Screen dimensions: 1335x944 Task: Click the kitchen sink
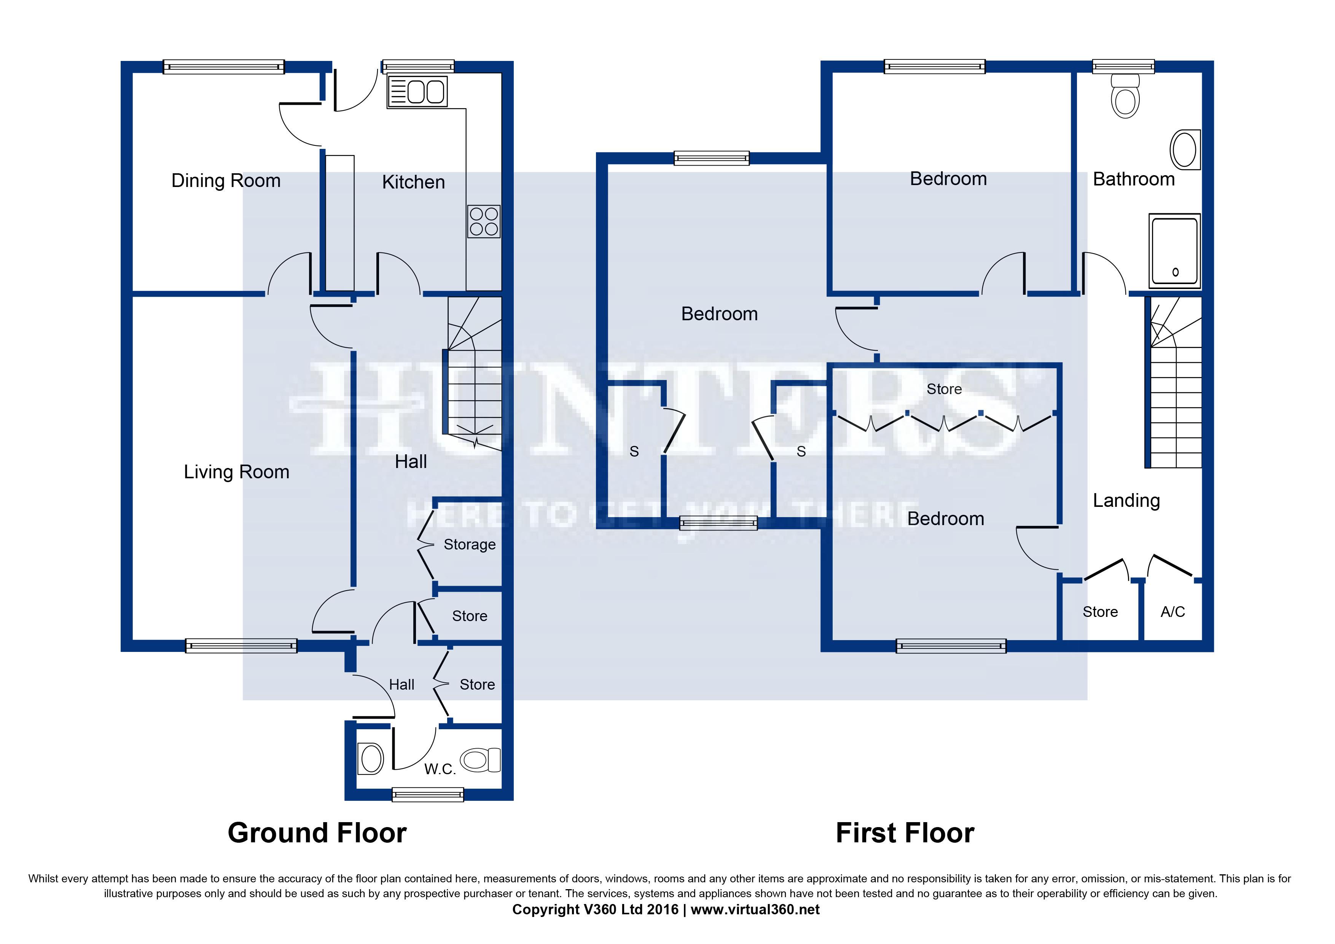click(x=417, y=91)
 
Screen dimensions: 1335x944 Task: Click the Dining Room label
click(x=226, y=181)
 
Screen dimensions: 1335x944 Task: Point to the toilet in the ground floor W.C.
click(x=480, y=760)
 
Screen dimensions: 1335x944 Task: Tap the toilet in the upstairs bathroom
click(x=1125, y=96)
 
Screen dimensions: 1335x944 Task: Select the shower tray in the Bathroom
click(x=1174, y=251)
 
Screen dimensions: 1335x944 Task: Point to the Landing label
click(x=1126, y=501)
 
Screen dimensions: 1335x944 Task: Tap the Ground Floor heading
click(x=317, y=833)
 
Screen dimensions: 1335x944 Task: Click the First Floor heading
click(x=905, y=833)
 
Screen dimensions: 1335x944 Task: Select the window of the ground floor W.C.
click(x=428, y=794)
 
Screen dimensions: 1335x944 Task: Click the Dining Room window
click(x=224, y=67)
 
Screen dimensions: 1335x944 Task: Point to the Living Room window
click(x=241, y=645)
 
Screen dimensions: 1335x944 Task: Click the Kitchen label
click(x=413, y=182)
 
